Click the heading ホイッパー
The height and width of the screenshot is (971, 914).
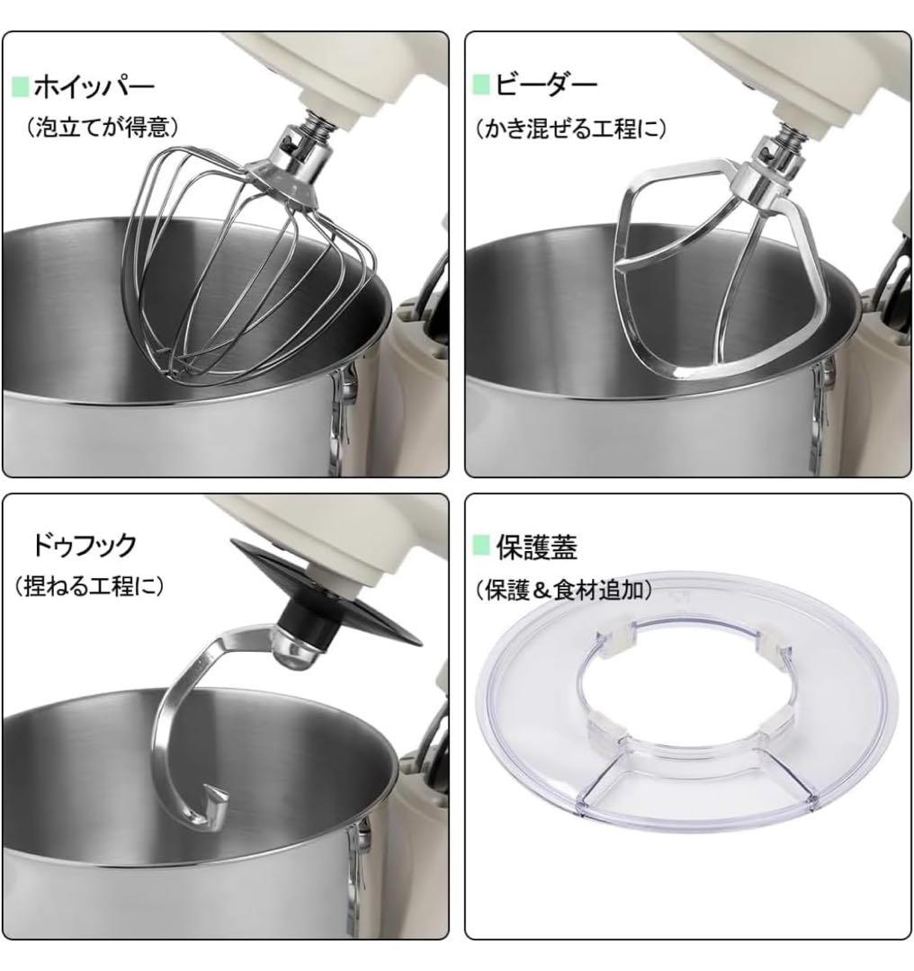pos(94,87)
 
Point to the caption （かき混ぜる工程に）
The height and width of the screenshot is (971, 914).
pos(570,129)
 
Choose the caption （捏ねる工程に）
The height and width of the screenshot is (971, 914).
pos(89,587)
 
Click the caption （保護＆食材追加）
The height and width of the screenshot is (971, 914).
pos(563,589)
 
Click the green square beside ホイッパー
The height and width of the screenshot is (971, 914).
pos(20,87)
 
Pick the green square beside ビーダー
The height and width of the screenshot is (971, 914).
pos(481,85)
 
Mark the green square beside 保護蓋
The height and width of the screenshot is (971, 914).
pos(481,547)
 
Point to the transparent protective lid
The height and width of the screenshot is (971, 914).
pos(540,719)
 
